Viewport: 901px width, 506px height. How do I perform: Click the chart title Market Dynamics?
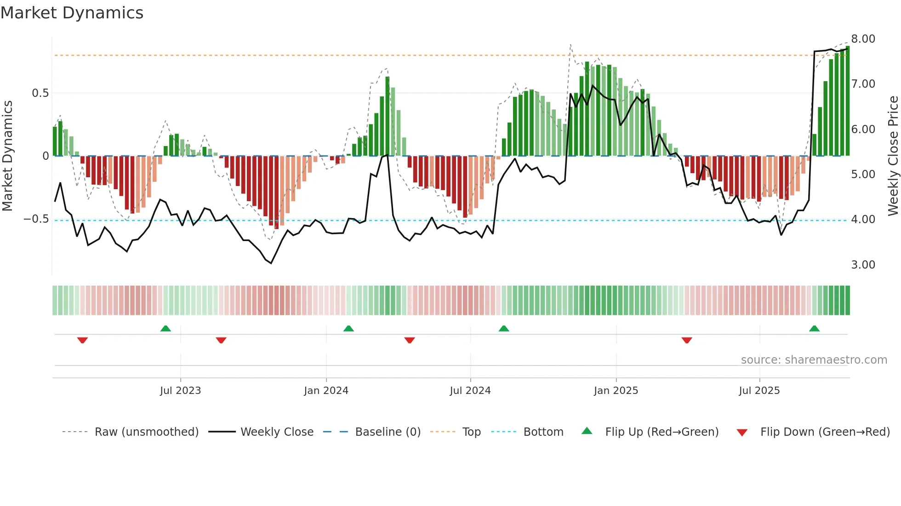click(x=72, y=13)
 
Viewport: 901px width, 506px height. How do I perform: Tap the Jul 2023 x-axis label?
click(x=180, y=391)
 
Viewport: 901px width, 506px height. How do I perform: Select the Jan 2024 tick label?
click(x=326, y=391)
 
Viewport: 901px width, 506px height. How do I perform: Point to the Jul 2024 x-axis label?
click(x=470, y=391)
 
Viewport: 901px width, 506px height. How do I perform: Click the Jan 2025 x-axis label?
click(x=616, y=391)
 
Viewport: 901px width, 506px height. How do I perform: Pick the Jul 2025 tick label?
click(x=759, y=391)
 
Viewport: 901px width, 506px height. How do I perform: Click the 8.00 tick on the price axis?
click(x=863, y=39)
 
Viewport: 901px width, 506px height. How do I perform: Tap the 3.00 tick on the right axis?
click(x=863, y=265)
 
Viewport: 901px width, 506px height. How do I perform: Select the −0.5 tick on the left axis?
click(x=36, y=219)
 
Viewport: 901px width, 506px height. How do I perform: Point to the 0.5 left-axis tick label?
click(x=40, y=93)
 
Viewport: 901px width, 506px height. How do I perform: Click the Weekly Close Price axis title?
click(x=893, y=156)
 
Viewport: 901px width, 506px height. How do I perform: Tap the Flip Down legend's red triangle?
click(x=741, y=433)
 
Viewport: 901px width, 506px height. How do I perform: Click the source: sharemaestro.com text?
click(x=814, y=360)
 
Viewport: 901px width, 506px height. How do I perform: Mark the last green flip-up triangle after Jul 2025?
click(x=814, y=328)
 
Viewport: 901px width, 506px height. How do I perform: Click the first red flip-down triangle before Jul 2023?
click(x=82, y=340)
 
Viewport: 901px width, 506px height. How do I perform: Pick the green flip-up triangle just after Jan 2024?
click(x=348, y=328)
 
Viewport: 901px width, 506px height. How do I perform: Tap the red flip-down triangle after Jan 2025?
click(x=687, y=340)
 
